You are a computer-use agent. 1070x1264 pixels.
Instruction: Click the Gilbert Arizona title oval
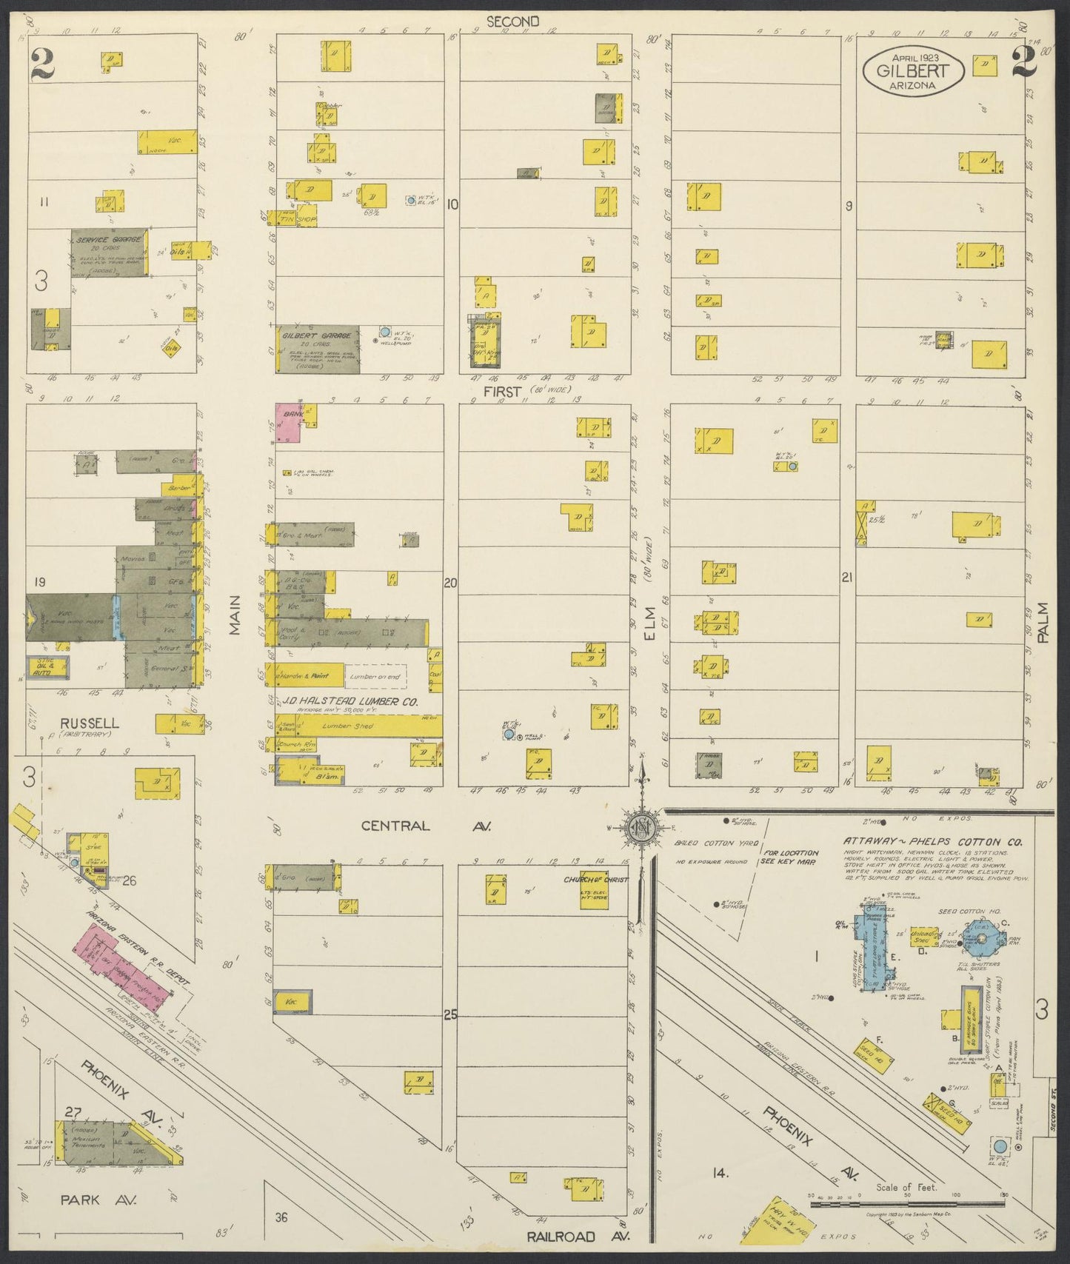(913, 71)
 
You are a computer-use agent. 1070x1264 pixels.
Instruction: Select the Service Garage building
(109, 253)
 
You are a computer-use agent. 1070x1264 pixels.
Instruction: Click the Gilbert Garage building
(318, 349)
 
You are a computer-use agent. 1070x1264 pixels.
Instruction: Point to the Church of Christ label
(595, 880)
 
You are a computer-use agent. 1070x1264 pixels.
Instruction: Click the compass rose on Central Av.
(638, 827)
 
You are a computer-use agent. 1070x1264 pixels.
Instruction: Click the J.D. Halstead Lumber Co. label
(350, 701)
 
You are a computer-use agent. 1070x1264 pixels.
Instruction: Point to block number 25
(449, 1014)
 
